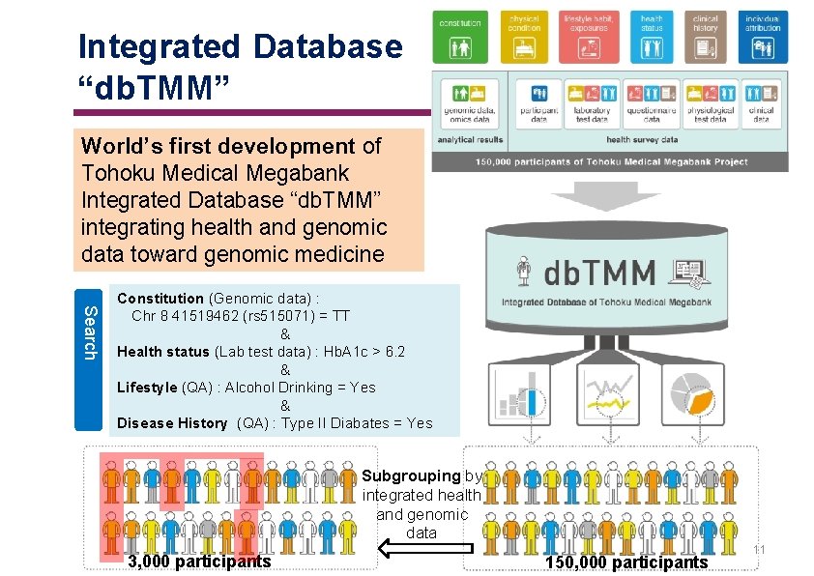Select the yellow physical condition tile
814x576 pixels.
pyautogui.click(x=525, y=38)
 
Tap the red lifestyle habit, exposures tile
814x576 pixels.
pyautogui.click(x=589, y=38)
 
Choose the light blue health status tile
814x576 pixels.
pyautogui.click(x=652, y=38)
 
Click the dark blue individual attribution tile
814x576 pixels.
pyautogui.click(x=764, y=38)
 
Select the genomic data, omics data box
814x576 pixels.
pyautogui.click(x=469, y=103)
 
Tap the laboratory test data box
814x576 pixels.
pyautogui.click(x=591, y=103)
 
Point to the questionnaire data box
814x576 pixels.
pyautogui.click(x=651, y=103)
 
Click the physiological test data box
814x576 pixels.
pyautogui.click(x=710, y=103)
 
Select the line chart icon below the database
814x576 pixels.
pyautogui.click(x=608, y=394)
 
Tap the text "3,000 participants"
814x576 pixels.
pyautogui.click(x=199, y=562)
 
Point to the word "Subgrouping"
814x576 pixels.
pyautogui.click(x=411, y=475)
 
